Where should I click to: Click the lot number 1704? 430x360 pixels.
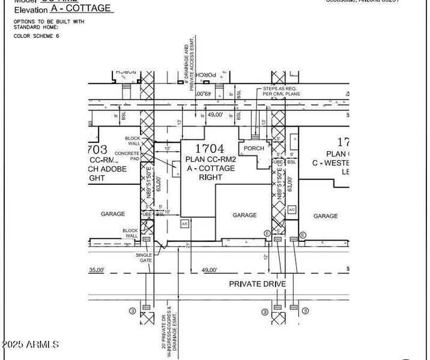(x=210, y=149)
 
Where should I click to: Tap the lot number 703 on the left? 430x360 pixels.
(x=97, y=149)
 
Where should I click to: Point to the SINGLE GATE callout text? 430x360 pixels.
(x=144, y=258)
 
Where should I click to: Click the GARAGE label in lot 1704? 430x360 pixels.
(x=244, y=215)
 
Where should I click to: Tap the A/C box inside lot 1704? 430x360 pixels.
(x=185, y=223)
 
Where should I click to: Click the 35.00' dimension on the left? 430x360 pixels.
(x=97, y=271)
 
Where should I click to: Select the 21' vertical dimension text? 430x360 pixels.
(x=188, y=245)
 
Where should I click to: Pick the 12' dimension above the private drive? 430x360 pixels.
(x=265, y=257)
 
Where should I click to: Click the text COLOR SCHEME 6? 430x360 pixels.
(x=37, y=36)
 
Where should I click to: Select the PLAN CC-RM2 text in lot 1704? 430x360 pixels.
(x=210, y=159)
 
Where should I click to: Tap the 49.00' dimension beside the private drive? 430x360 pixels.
(x=209, y=271)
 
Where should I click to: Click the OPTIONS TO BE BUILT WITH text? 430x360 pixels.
(x=49, y=22)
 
